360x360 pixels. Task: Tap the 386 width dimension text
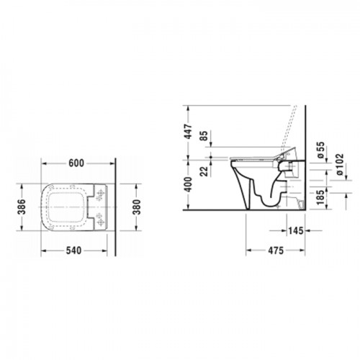pos(22,208)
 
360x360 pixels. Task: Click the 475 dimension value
pos(270,252)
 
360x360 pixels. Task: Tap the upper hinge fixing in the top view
pos(101,194)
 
